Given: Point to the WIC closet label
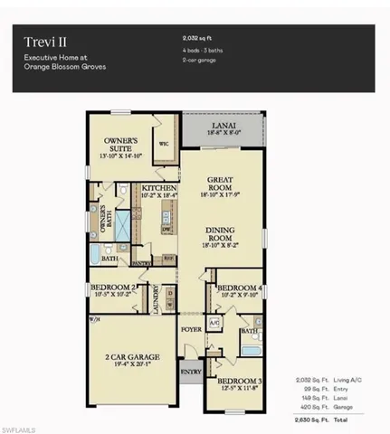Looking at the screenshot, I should point(165,144).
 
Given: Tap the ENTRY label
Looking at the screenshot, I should point(190,371).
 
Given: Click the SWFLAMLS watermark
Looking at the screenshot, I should point(20,426).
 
